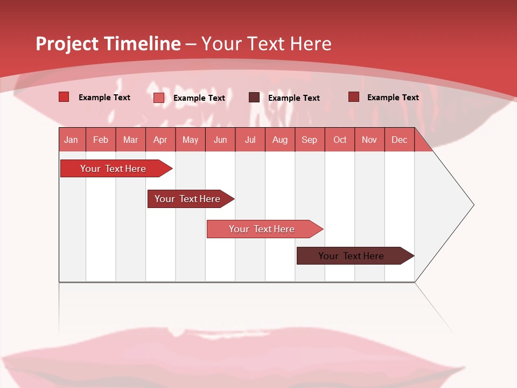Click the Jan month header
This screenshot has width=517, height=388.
pos(71,140)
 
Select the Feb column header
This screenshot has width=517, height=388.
pos(101,140)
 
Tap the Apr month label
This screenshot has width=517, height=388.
pos(160,140)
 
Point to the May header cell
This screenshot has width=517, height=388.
pos(190,140)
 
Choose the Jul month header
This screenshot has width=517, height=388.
pos(250,140)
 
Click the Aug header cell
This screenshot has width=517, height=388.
pos(280,140)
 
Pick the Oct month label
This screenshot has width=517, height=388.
pos(340,140)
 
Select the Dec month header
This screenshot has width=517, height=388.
pos(399,140)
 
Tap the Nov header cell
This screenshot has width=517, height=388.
pos(369,140)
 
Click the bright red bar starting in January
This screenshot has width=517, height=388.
pos(113,169)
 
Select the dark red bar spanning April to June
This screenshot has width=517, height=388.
pos(187,199)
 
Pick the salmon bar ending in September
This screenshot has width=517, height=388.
pos(262,229)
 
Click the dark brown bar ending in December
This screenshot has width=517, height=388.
pos(351,256)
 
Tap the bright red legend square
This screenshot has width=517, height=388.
pos(64,97)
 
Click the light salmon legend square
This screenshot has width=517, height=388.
pos(159,98)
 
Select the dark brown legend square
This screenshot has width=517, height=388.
pos(254,98)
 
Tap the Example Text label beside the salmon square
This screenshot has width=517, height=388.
pos(199,98)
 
